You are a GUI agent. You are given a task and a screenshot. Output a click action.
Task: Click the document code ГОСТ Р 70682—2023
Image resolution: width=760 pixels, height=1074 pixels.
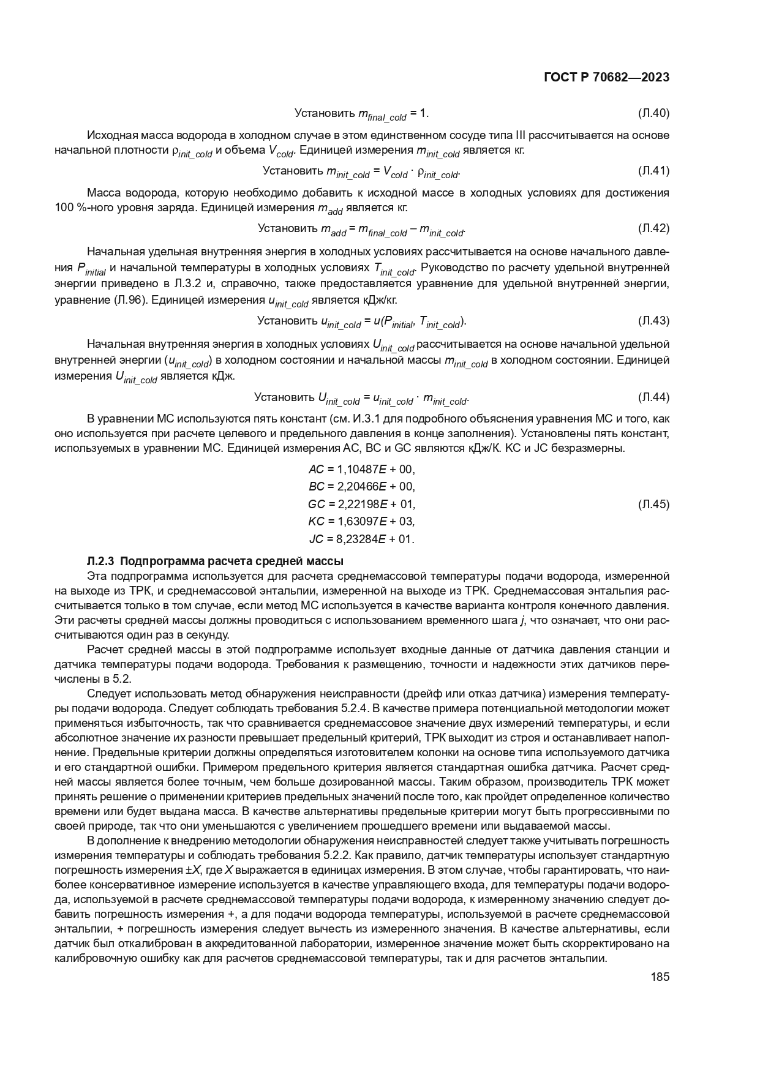pos(606,77)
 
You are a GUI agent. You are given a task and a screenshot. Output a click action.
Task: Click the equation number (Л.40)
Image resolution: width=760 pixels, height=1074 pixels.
pos(653,113)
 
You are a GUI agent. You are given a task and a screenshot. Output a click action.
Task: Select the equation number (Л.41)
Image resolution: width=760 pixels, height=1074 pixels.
pos(653,171)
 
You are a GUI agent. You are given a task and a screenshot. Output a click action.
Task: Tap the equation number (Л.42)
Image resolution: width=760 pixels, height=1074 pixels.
pos(653,228)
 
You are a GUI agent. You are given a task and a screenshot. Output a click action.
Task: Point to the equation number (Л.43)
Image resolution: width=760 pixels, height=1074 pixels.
pos(653,321)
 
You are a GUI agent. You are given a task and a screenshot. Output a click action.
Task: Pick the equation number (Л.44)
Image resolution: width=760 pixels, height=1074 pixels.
pos(653,397)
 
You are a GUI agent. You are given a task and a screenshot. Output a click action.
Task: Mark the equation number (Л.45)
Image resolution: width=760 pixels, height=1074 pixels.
pos(653,505)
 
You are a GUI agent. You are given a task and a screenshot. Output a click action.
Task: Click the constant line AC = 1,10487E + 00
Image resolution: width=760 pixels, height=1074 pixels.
pos(361,470)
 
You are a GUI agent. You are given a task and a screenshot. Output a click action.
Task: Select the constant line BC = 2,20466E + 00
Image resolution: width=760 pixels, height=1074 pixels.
pos(361,487)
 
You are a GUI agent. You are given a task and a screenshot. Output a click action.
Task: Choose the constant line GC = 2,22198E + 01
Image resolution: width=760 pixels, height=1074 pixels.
pos(361,505)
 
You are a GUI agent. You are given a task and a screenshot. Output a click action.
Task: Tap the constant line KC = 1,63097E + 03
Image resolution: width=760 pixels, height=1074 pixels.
pos(361,522)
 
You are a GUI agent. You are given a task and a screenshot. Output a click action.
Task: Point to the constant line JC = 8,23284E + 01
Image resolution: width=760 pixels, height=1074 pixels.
pos(361,539)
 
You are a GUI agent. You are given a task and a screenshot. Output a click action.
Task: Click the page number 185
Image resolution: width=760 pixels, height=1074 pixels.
pos(660,977)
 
